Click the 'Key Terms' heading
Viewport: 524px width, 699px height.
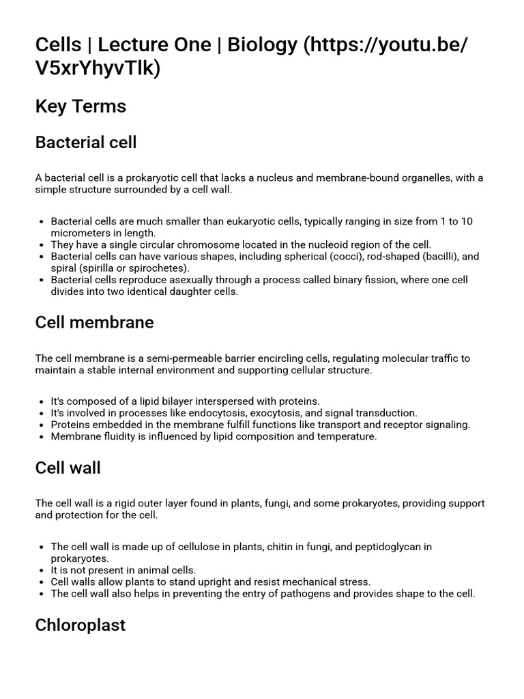point(81,106)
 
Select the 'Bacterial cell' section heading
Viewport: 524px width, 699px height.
point(86,143)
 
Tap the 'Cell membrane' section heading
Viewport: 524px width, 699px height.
point(94,322)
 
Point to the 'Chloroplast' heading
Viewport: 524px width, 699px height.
point(80,625)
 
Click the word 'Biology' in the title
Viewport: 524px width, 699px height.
point(263,45)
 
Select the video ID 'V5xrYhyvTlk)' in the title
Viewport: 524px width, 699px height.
point(98,69)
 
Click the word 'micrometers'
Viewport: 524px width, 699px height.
point(81,233)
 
